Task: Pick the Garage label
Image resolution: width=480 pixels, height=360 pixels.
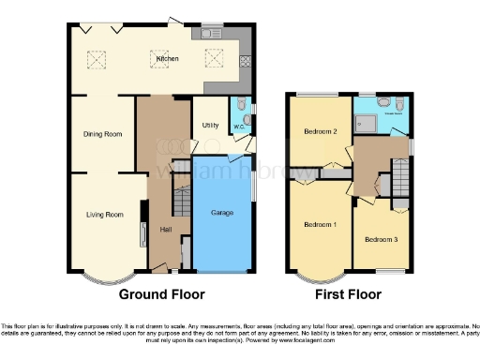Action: tap(223, 214)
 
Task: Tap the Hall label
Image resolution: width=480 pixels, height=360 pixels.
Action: tap(165, 230)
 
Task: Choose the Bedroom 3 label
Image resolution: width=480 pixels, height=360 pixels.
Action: tap(381, 240)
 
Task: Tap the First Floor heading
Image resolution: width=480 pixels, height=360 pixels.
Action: tap(348, 294)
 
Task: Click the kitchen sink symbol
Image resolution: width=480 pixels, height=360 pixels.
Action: tap(207, 34)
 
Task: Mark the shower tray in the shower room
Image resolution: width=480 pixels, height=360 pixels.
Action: tap(367, 120)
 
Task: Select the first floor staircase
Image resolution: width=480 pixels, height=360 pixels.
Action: tap(399, 175)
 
